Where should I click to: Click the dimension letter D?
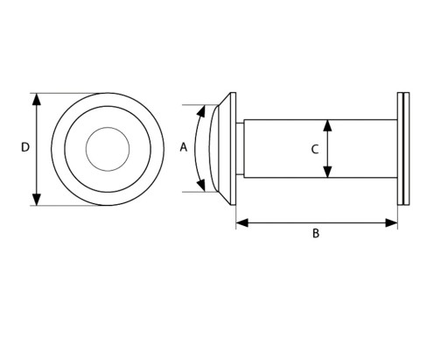click(25, 147)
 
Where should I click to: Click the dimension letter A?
click(183, 147)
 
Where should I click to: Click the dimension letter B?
click(316, 234)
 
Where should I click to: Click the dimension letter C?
click(314, 150)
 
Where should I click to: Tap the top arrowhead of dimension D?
click(36, 99)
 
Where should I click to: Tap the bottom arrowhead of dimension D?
click(36, 200)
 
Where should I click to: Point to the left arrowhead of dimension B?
click(242, 222)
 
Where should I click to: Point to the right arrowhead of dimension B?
click(391, 222)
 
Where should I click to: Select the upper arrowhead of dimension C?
click(328, 125)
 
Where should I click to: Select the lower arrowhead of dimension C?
click(328, 172)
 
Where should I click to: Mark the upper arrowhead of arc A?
click(201, 111)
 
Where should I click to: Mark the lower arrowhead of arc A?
click(201, 186)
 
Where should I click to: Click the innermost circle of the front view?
click(108, 128)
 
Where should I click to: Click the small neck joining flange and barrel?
click(240, 149)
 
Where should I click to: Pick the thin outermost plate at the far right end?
click(408, 148)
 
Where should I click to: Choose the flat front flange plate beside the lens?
click(233, 149)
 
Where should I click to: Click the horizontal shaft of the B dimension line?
click(317, 222)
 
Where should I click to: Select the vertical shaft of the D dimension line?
click(36, 150)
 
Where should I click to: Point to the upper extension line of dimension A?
click(200, 104)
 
